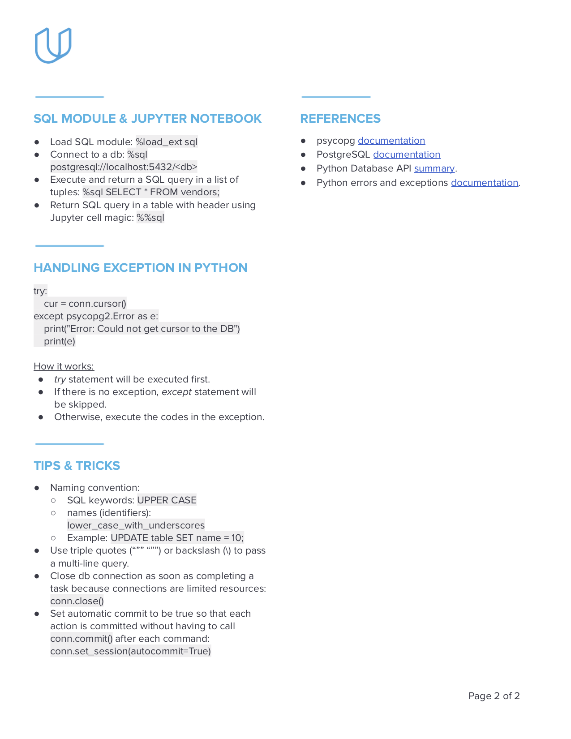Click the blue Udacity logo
point(53,45)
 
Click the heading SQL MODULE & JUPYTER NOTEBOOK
point(147,119)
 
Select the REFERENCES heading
point(340,119)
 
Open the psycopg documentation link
point(391,141)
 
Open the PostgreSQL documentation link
point(406,155)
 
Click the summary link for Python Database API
point(434,168)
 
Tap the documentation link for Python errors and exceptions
point(484,183)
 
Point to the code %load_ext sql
point(167,142)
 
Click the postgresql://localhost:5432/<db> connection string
point(124,167)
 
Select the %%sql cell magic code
point(150,218)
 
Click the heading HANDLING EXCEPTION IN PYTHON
point(141,268)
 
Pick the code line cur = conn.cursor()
point(85,304)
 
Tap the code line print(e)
point(60,341)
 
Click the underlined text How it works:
point(64,366)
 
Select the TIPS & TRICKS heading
point(77,466)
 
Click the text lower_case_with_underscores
point(136,525)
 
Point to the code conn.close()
point(77,601)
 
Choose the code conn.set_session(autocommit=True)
point(130,651)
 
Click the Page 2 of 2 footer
point(494,696)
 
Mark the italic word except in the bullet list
point(176,392)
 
